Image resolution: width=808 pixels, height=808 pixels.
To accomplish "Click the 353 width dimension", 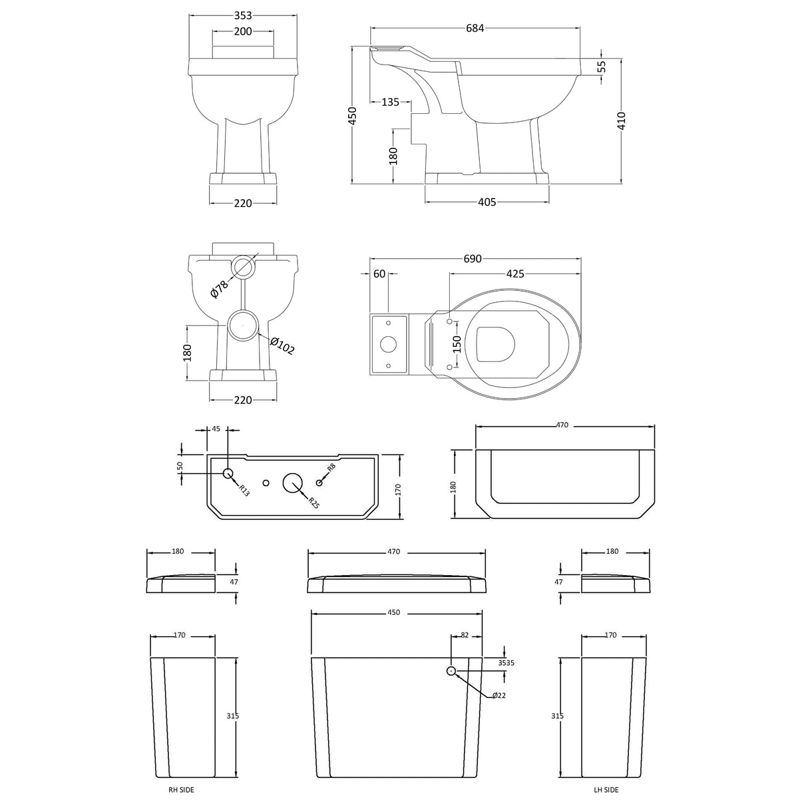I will coord(243,15).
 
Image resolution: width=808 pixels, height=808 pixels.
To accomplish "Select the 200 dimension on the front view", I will coord(243,32).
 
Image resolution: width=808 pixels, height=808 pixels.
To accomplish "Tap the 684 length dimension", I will coord(475,28).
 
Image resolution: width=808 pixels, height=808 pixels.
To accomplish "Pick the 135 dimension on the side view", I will coord(391,102).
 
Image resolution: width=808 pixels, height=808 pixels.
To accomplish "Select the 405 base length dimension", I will coord(487,202).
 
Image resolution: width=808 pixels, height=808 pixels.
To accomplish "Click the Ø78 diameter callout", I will coord(220,290).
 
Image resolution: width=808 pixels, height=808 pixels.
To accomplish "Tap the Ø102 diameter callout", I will coord(282,345).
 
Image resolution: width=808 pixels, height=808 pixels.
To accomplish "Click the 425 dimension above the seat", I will coord(515,274).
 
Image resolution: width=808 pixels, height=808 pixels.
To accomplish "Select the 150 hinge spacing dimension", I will coord(457,344).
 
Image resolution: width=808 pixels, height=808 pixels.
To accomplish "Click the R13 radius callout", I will coord(244,491).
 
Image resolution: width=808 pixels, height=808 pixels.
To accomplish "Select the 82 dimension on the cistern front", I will coord(465,636).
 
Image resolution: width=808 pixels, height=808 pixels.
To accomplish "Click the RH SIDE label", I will coord(181,789).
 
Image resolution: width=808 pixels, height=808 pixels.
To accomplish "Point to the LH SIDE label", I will coord(606,789).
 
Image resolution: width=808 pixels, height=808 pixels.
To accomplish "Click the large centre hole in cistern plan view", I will coord(293,483).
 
